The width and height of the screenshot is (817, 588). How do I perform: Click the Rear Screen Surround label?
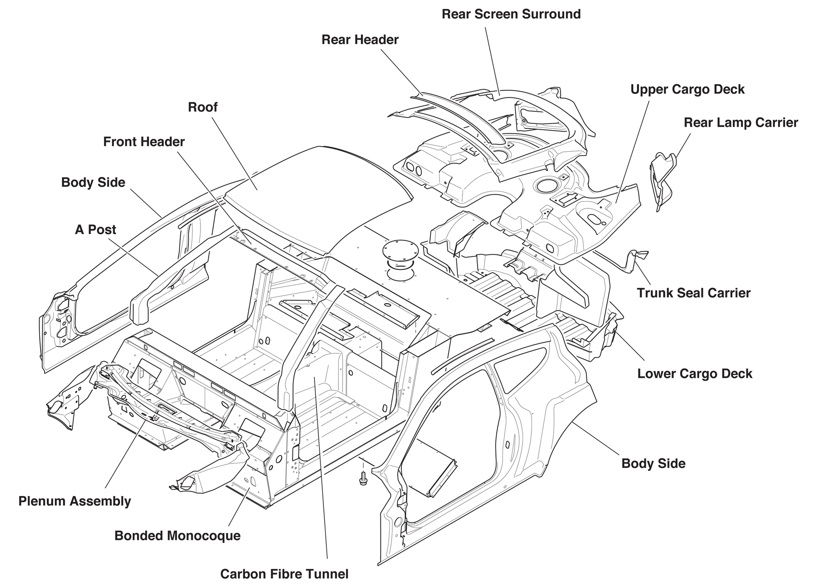[x=511, y=14]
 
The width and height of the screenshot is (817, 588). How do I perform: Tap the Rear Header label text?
[x=360, y=40]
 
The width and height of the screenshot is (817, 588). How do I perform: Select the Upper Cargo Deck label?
[x=687, y=89]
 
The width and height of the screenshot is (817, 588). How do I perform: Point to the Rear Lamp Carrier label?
[x=740, y=122]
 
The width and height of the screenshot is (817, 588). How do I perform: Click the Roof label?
[x=203, y=107]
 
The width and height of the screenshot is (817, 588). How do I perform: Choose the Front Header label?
[x=144, y=142]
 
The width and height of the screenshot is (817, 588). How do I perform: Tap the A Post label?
[x=95, y=230]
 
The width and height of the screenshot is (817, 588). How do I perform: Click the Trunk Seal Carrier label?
[x=694, y=293]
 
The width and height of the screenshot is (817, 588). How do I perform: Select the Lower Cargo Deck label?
[x=694, y=374]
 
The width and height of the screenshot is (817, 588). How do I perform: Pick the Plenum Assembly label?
[x=74, y=501]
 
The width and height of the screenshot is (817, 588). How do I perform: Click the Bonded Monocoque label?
[x=177, y=536]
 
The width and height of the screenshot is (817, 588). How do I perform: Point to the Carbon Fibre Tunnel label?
[x=284, y=574]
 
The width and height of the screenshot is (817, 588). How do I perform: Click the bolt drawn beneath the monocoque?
[x=363, y=480]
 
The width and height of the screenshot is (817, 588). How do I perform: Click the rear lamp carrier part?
[x=663, y=179]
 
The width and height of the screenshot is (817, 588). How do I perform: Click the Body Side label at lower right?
[x=653, y=463]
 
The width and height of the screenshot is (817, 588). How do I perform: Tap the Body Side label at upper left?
[x=93, y=182]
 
